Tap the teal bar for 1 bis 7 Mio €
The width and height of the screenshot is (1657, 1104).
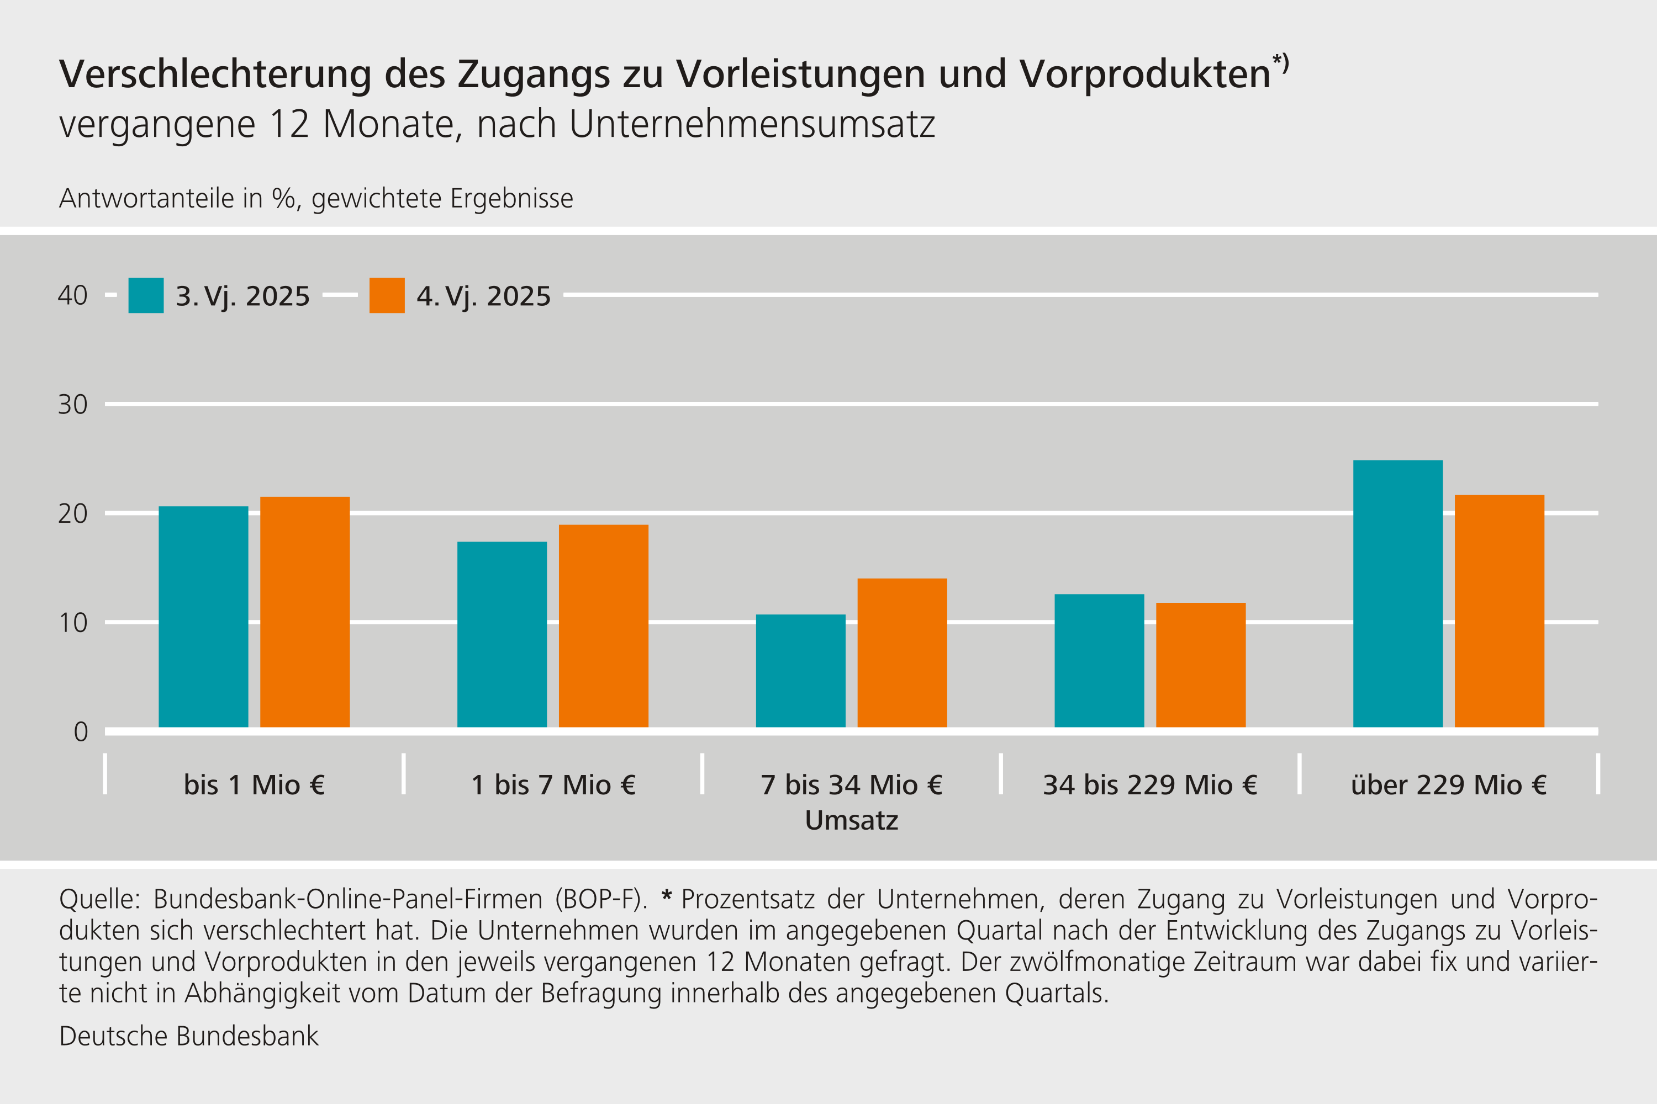point(502,634)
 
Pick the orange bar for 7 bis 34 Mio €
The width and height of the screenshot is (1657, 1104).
point(902,652)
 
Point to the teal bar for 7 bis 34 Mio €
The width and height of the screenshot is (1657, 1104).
point(800,671)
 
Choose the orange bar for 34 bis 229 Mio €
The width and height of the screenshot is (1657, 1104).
point(1200,665)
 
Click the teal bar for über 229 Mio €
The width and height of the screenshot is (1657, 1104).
point(1398,593)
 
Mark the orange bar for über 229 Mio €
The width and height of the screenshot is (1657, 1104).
point(1499,611)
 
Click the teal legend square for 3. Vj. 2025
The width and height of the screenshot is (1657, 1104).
point(146,296)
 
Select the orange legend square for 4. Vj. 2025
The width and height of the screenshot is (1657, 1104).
point(387,296)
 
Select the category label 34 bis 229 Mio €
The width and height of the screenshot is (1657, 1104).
point(1150,785)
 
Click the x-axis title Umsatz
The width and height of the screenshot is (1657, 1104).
point(851,820)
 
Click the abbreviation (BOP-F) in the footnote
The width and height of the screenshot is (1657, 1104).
point(600,900)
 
